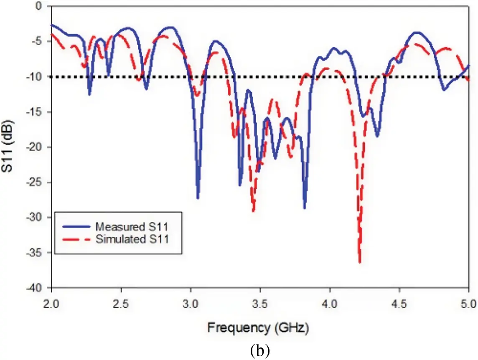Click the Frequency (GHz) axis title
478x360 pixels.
pos(258,328)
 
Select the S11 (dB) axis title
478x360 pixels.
pos(9,147)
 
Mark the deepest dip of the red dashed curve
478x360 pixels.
pos(359,262)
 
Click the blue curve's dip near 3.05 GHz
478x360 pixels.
pos(198,198)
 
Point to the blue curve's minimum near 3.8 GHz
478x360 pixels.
pos(304,208)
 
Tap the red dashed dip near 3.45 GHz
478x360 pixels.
pos(253,211)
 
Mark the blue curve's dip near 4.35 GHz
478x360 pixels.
pos(377,136)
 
